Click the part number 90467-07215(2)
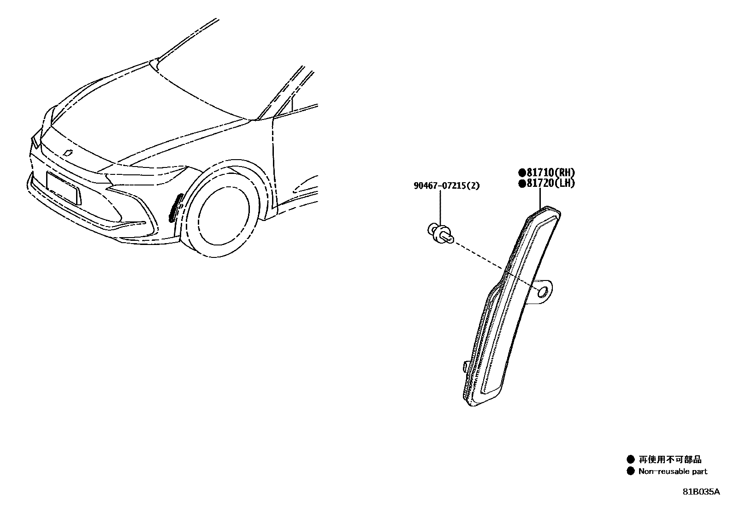pos(446,186)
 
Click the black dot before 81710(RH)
pos(522,173)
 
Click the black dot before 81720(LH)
pos(522,184)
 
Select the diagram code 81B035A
pos(701,492)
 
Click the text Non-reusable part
pos(673,471)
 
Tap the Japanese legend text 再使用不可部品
pos(670,459)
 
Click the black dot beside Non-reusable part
pos(630,471)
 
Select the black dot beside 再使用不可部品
pos(630,459)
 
